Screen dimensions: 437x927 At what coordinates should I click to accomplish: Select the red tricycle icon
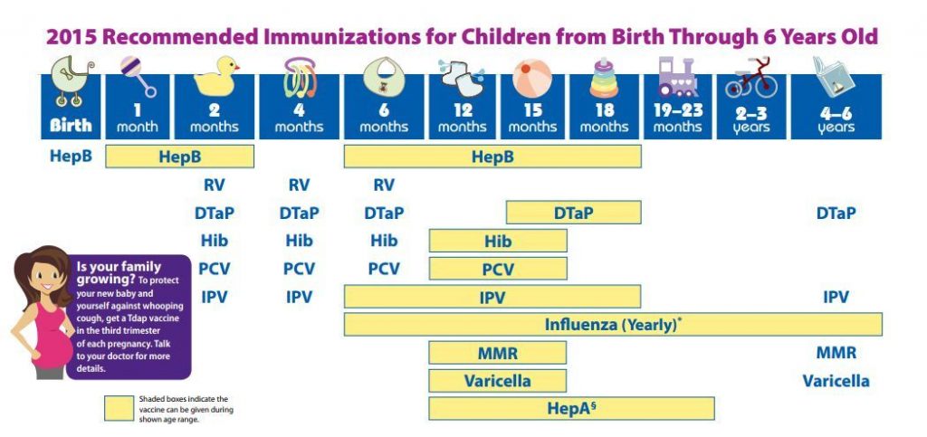750,80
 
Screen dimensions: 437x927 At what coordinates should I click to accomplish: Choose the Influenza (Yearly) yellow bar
613,324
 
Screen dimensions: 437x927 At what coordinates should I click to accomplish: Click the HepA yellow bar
571,408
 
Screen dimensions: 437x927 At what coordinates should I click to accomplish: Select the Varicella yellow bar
497,381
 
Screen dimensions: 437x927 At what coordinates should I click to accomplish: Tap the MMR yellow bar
497,353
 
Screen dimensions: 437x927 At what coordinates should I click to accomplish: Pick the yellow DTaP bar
573,214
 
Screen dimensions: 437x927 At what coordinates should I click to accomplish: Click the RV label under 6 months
384,185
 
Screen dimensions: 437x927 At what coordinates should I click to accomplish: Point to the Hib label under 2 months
214,241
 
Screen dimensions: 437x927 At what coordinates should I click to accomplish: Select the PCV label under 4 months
299,269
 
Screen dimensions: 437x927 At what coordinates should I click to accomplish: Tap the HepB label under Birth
70,157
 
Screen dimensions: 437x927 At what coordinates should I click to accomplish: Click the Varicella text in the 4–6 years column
836,381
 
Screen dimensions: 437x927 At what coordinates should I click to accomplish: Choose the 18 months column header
604,119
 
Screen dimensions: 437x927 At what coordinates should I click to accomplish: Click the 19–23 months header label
676,119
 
